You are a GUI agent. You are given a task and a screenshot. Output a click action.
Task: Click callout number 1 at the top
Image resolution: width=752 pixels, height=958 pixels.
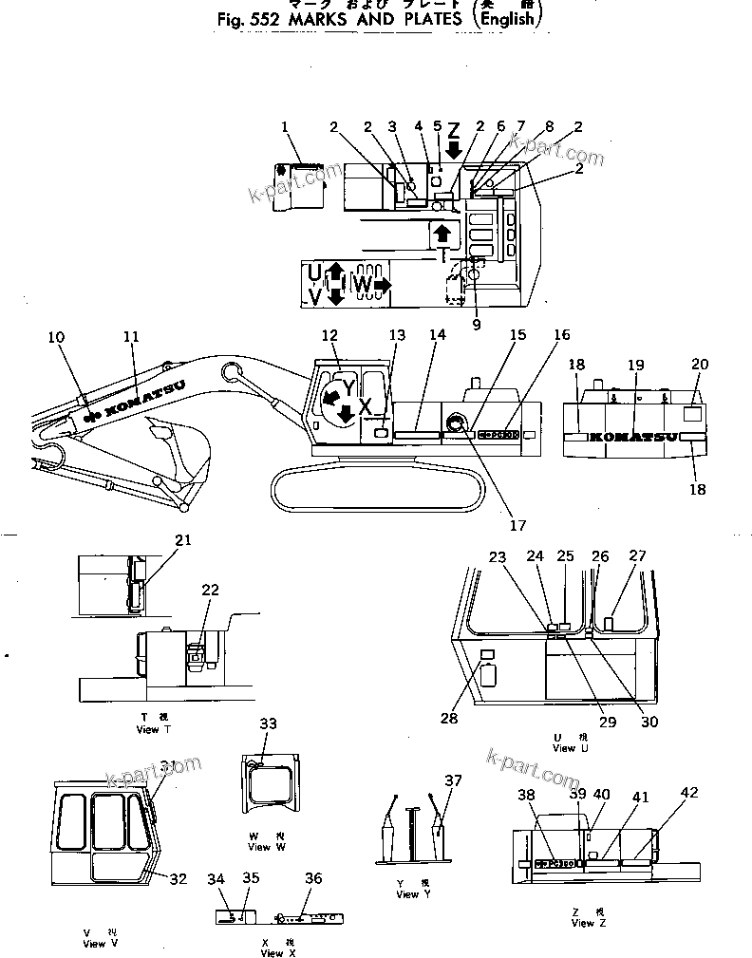[x=282, y=126]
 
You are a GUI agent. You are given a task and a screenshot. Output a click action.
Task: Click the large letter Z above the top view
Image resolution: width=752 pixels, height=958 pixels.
[x=454, y=130]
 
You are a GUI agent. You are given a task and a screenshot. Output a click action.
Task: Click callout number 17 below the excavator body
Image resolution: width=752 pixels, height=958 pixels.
[x=517, y=525]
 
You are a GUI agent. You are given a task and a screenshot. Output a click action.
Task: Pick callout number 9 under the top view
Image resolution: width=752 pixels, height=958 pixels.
[x=477, y=325]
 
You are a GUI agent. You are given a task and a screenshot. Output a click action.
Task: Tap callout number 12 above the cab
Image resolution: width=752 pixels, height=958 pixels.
[x=329, y=335]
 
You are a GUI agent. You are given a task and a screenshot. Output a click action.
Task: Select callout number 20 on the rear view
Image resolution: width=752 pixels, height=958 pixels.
[x=700, y=364]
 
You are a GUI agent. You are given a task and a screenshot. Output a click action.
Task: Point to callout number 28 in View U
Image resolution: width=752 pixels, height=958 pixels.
[x=449, y=718]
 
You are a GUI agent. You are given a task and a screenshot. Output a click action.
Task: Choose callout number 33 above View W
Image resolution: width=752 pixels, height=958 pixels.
[x=269, y=724]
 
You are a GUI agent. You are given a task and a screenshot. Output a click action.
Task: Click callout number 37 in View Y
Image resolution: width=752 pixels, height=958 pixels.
[x=453, y=780]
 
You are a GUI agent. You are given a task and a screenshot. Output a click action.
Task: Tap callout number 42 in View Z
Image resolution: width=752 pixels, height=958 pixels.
[x=688, y=793]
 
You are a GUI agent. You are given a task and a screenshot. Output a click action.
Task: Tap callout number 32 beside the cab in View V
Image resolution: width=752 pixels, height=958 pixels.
[x=178, y=879]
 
